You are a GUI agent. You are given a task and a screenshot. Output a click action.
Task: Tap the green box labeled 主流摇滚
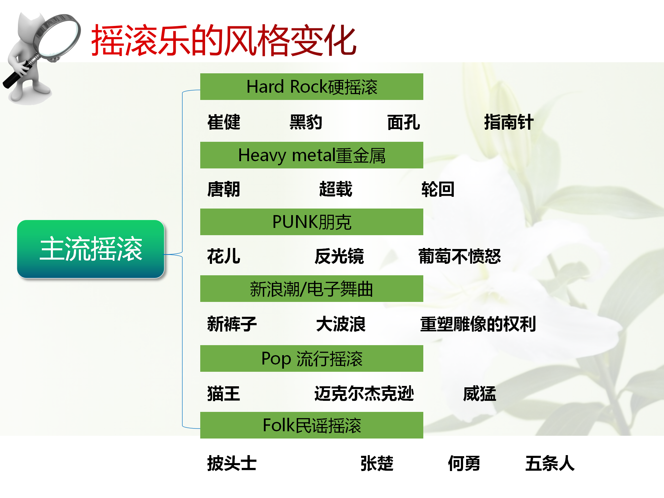click(91, 249)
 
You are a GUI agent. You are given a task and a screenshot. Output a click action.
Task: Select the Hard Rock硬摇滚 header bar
click(312, 87)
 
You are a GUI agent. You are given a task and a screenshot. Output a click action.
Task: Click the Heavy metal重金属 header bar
click(312, 155)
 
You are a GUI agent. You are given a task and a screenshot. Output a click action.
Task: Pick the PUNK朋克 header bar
click(312, 222)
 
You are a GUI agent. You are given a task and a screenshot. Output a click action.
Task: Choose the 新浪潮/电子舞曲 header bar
click(312, 289)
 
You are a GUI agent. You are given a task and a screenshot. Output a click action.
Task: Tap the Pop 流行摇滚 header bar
click(312, 359)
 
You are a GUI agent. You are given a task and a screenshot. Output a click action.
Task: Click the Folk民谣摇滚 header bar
click(312, 425)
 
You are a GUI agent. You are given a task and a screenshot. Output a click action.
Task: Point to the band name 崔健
click(224, 122)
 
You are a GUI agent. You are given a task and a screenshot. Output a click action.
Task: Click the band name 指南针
click(509, 122)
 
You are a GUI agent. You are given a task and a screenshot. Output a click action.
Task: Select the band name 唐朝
click(224, 189)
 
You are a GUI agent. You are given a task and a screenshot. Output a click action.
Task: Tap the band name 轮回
click(438, 189)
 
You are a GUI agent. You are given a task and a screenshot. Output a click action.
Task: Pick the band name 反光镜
click(339, 256)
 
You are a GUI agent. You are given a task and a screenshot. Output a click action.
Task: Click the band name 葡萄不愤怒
click(460, 256)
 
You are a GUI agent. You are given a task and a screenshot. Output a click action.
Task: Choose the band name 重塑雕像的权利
click(478, 324)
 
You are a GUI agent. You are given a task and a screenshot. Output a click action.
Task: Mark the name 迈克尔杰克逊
click(364, 394)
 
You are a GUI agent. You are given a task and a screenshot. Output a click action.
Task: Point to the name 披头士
click(232, 463)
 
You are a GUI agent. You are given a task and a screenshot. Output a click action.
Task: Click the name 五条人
click(550, 463)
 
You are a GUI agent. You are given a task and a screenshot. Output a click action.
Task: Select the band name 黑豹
click(306, 122)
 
